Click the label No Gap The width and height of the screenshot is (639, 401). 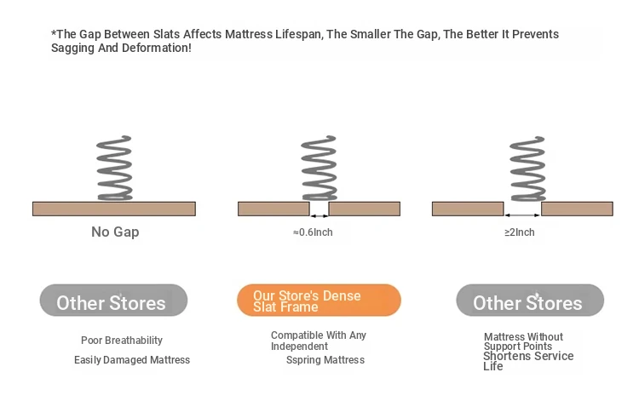click(x=115, y=232)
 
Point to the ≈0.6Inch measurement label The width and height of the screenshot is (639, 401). click(x=313, y=232)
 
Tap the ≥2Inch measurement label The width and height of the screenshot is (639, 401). click(x=520, y=232)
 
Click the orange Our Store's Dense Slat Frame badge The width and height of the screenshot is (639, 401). click(x=319, y=300)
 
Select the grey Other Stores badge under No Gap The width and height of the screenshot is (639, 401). click(x=113, y=300)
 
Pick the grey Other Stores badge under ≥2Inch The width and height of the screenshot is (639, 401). click(x=530, y=300)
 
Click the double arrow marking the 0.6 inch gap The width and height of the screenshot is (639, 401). click(x=319, y=215)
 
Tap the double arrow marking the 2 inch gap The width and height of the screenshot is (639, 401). click(x=522, y=215)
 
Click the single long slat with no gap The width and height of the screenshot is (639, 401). click(x=114, y=209)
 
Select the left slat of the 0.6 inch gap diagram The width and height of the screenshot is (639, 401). click(x=273, y=209)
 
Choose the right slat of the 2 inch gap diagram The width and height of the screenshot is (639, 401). click(x=577, y=209)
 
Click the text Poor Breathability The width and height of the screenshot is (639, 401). click(x=122, y=341)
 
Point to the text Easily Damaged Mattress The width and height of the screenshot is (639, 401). click(x=132, y=360)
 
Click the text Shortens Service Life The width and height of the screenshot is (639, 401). click(x=528, y=361)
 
